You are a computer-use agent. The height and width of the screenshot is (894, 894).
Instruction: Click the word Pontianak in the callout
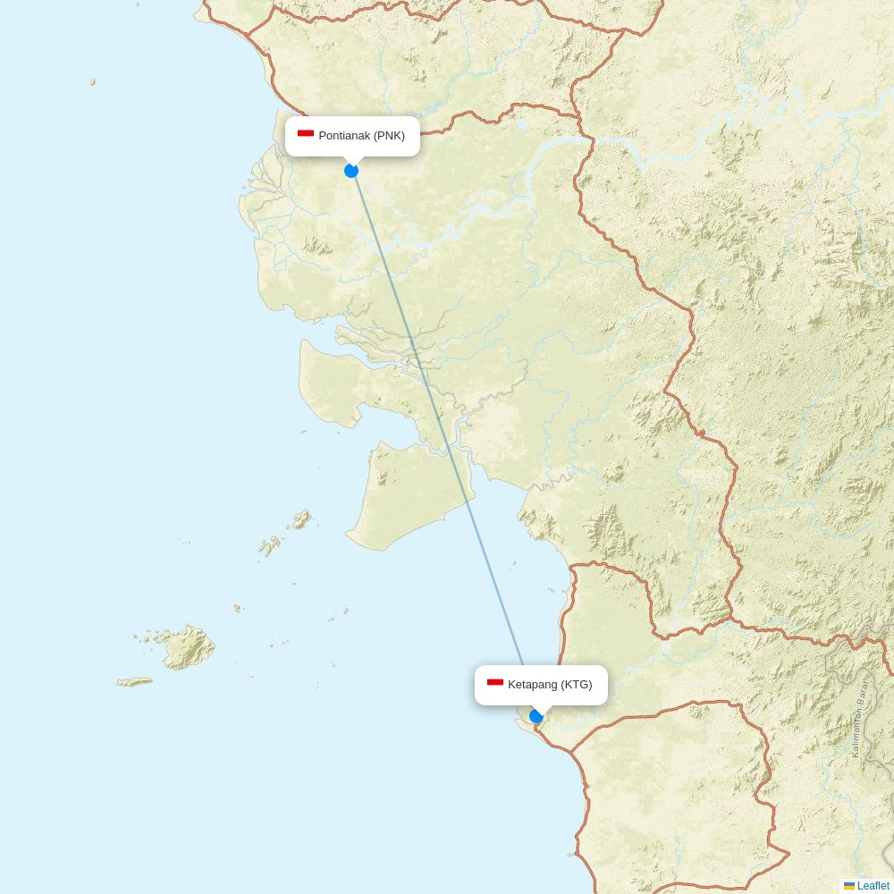(x=344, y=136)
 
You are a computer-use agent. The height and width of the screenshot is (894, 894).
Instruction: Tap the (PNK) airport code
(x=389, y=136)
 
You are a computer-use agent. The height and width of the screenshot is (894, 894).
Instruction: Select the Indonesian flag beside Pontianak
(x=306, y=135)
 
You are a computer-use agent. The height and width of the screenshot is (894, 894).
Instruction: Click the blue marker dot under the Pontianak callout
(x=351, y=171)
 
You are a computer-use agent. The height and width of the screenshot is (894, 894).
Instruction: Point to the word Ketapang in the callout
(x=533, y=685)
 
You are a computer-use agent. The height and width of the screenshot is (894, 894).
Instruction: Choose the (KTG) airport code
(x=577, y=685)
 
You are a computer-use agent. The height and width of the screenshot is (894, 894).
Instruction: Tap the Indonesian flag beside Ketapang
(x=495, y=684)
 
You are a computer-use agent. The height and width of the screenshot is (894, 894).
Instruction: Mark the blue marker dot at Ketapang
(x=536, y=716)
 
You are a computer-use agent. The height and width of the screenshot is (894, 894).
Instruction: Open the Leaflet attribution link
(x=873, y=886)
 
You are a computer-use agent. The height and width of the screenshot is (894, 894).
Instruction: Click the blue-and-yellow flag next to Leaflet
(x=849, y=886)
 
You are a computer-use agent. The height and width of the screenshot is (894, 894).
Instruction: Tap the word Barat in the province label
(x=864, y=691)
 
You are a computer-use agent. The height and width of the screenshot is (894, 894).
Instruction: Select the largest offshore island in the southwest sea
(x=187, y=647)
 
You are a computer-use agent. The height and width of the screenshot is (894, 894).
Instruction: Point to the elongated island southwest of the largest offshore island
(x=135, y=682)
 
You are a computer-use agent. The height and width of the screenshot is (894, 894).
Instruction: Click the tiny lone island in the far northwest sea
(x=92, y=82)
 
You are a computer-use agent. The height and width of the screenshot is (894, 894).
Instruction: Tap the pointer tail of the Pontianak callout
(x=352, y=160)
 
